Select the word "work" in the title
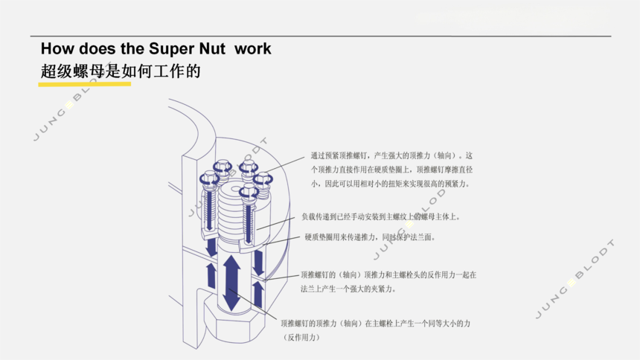(x=253, y=49)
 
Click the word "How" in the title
(x=57, y=49)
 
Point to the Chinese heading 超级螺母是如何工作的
(x=121, y=71)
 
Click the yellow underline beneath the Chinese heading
(x=85, y=83)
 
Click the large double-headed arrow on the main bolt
(x=231, y=283)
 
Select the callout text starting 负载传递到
(x=381, y=217)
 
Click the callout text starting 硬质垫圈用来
(x=370, y=237)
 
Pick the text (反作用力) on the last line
(x=301, y=338)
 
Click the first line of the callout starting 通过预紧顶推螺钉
(x=391, y=156)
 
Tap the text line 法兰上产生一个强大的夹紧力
(x=348, y=289)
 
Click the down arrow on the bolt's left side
(x=212, y=246)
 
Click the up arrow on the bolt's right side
(x=258, y=293)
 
